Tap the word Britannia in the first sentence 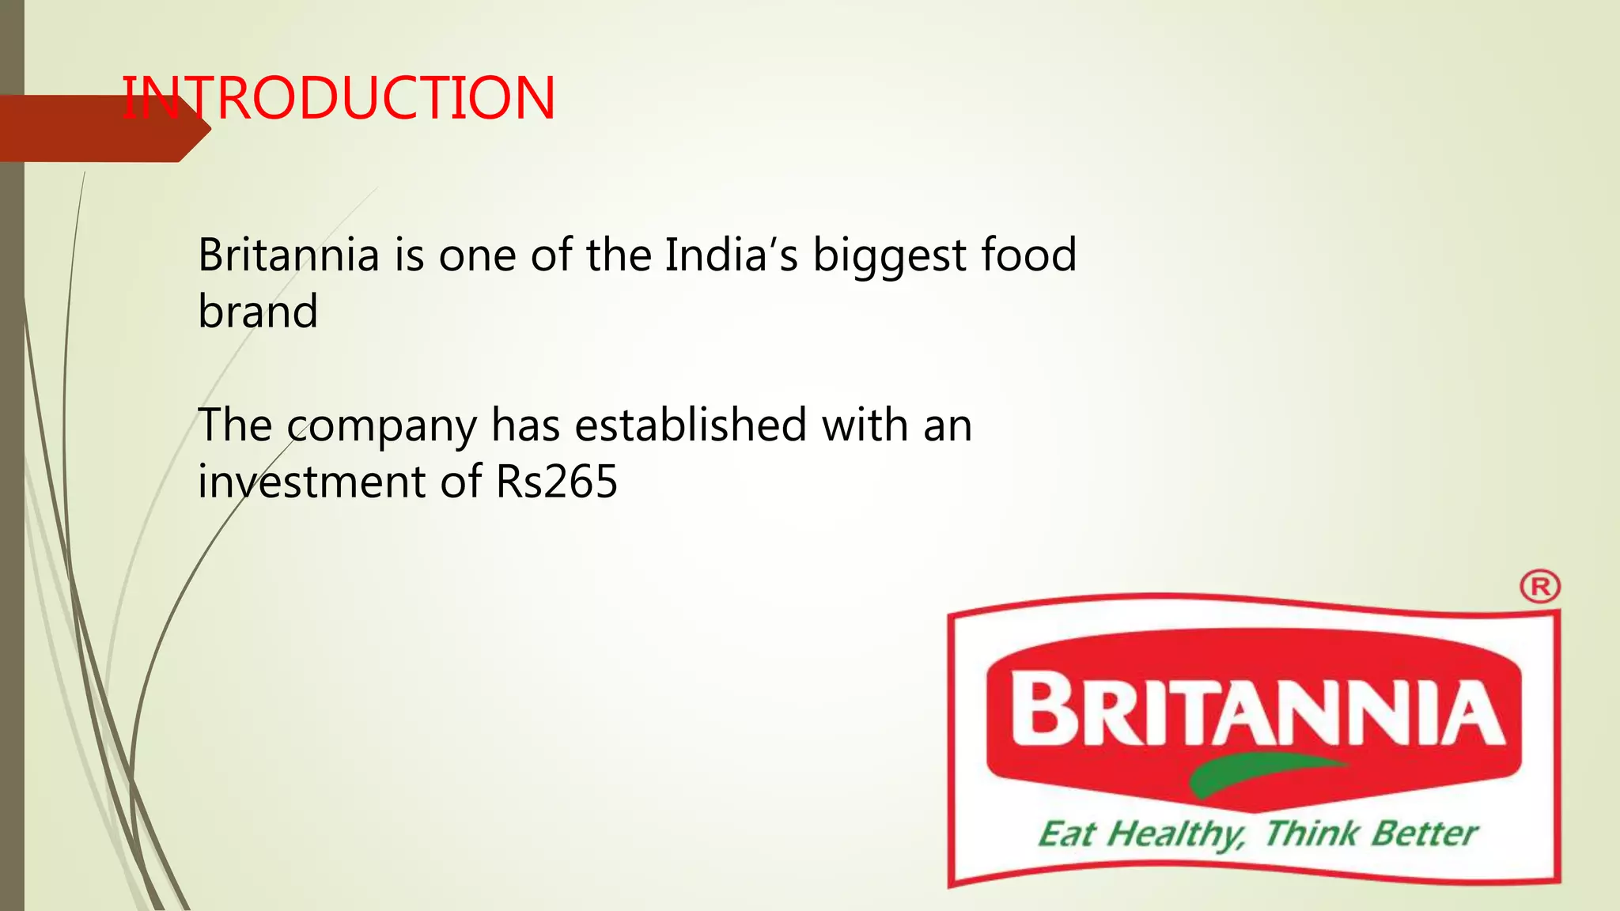click(x=289, y=255)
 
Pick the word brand click(x=258, y=312)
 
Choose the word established click(x=691, y=425)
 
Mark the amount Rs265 click(x=556, y=482)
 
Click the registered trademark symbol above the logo click(x=1539, y=588)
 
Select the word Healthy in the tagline click(x=1175, y=835)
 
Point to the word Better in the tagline click(x=1425, y=834)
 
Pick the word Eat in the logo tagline click(x=1066, y=835)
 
